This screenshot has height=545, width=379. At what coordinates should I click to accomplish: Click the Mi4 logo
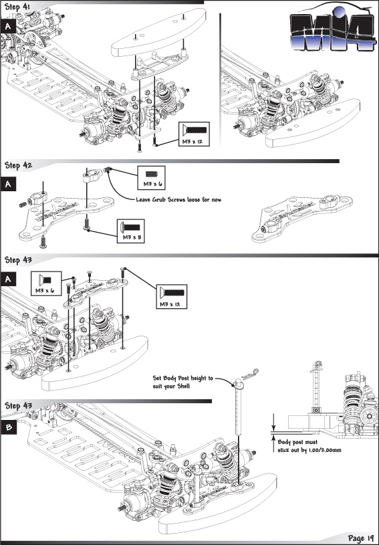[x=332, y=29]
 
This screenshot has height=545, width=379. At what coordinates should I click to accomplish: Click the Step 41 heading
[x=17, y=7]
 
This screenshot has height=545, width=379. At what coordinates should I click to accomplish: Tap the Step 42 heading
[x=18, y=165]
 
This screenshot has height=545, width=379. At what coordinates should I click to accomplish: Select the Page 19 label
[x=360, y=538]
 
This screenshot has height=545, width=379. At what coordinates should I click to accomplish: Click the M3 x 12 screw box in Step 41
[x=194, y=134]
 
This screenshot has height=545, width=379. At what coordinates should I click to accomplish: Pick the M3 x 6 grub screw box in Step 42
[x=151, y=178]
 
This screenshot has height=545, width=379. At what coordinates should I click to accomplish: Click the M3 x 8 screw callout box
[x=130, y=231]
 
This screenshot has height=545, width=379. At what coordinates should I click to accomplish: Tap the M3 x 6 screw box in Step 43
[x=46, y=284]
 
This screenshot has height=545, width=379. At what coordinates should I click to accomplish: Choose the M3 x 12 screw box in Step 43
[x=171, y=297]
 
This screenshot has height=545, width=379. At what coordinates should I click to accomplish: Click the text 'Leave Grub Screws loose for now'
[x=178, y=200]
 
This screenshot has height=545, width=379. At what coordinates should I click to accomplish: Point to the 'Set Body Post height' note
[x=182, y=382]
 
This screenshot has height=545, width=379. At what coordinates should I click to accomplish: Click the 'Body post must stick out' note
[x=309, y=446]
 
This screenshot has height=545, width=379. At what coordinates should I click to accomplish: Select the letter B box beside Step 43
[x=8, y=427]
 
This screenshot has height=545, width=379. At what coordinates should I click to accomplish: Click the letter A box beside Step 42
[x=8, y=184]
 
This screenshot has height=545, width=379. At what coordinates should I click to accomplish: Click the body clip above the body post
[x=251, y=373]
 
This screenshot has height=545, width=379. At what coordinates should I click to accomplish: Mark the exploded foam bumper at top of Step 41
[x=159, y=33]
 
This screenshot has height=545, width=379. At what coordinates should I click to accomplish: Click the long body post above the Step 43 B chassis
[x=239, y=407]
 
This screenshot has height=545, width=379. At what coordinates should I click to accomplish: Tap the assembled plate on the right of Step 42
[x=302, y=218]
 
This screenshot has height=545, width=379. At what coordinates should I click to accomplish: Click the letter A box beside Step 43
[x=8, y=279]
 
